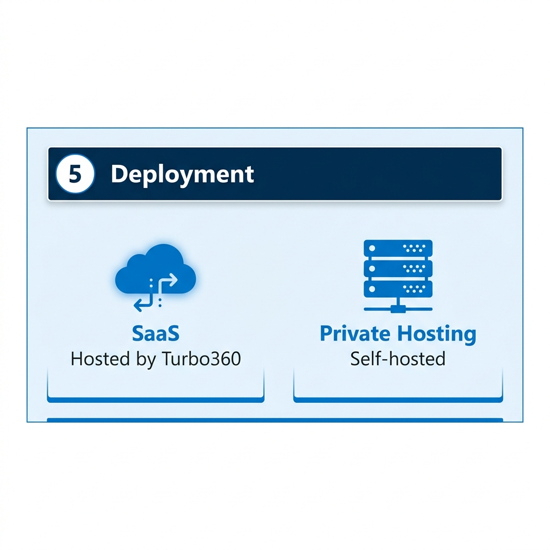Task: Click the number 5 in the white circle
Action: (75, 174)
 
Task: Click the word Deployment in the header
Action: (183, 175)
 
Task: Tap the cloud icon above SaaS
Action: (155, 270)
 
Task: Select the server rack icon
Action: (398, 276)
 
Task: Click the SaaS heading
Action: (155, 333)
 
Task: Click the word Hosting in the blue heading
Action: (437, 334)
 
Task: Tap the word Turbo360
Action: (201, 359)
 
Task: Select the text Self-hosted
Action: (398, 359)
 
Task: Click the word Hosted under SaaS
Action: (100, 359)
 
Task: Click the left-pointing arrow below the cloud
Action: (143, 302)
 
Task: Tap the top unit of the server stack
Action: (398, 248)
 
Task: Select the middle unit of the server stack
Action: (398, 269)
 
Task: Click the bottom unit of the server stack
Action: (398, 289)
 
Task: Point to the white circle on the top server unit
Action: (372, 248)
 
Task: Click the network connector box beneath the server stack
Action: (398, 309)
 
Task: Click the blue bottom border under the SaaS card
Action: (155, 400)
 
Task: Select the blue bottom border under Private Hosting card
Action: (398, 400)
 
